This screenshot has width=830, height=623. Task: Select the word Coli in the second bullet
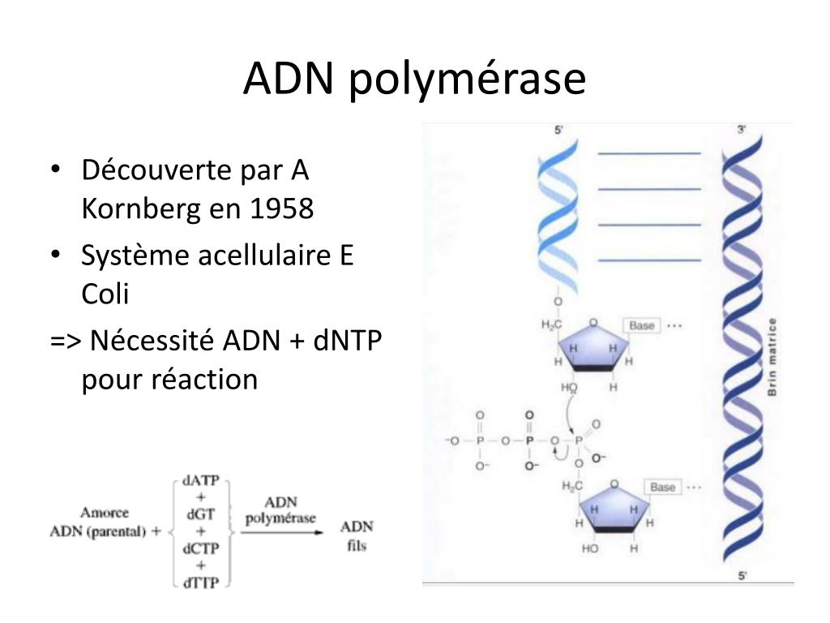pyautogui.click(x=105, y=294)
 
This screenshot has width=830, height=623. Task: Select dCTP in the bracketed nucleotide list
pyautogui.click(x=201, y=548)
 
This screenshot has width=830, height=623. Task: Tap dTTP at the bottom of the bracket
pyautogui.click(x=201, y=582)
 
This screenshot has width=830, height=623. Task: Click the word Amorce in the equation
pyautogui.click(x=105, y=513)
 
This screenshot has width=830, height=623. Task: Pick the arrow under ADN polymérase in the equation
pyautogui.click(x=280, y=532)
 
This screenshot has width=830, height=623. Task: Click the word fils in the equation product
pyautogui.click(x=357, y=545)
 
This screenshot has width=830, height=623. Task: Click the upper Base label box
pyautogui.click(x=641, y=325)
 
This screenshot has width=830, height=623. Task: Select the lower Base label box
pyautogui.click(x=662, y=487)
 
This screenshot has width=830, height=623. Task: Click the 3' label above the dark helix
pyautogui.click(x=741, y=130)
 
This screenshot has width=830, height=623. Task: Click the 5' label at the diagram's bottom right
pyautogui.click(x=742, y=576)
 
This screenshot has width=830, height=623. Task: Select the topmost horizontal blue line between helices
pyautogui.click(x=648, y=153)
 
